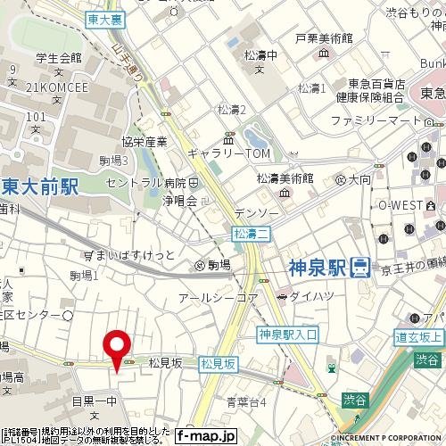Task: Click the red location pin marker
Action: point(118,347)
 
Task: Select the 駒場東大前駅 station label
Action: point(39,186)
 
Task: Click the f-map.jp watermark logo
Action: point(205,435)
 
